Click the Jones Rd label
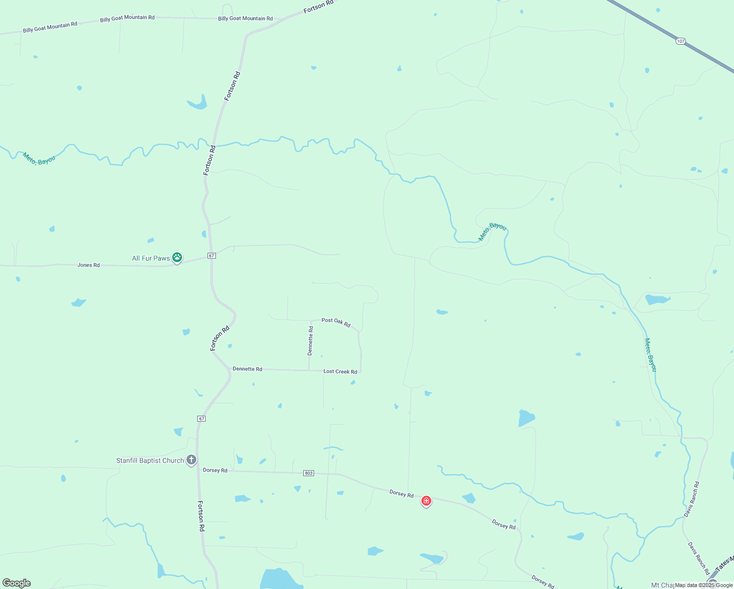click(x=88, y=265)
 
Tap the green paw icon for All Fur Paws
click(x=177, y=257)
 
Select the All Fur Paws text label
click(x=151, y=258)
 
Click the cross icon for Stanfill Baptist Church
click(x=191, y=460)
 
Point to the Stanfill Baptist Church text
click(x=150, y=460)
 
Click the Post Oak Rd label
click(x=336, y=322)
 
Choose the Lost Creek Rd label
click(x=340, y=372)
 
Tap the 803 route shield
click(x=308, y=473)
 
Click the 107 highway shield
click(x=680, y=41)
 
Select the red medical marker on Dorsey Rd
click(x=426, y=501)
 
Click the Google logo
click(x=17, y=583)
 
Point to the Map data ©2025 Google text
click(x=704, y=585)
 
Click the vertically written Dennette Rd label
click(x=310, y=341)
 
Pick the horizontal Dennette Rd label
click(x=247, y=369)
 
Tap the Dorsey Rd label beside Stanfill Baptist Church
click(x=215, y=470)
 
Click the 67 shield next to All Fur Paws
click(x=211, y=256)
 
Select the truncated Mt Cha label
click(x=662, y=585)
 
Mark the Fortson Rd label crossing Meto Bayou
click(x=210, y=160)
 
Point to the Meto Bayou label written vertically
click(x=650, y=355)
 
